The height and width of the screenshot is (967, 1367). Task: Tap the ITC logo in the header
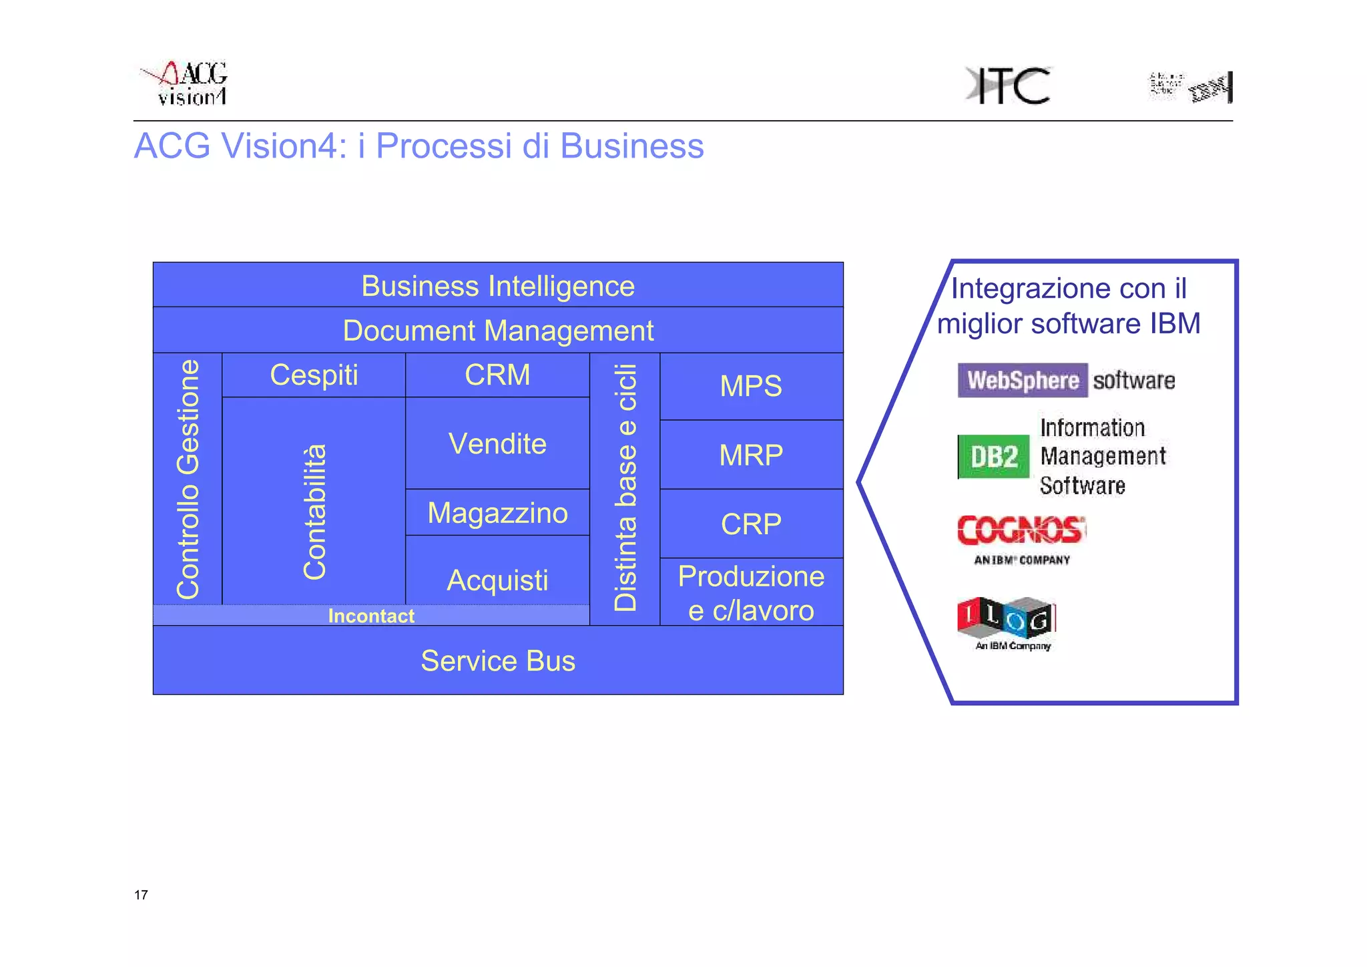click(x=1008, y=85)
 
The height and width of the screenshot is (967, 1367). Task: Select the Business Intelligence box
click(x=498, y=286)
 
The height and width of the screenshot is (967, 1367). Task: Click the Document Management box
click(x=498, y=331)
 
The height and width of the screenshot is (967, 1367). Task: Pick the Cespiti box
click(x=314, y=375)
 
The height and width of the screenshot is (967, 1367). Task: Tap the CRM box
click(x=497, y=375)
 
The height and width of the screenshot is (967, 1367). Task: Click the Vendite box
click(x=497, y=443)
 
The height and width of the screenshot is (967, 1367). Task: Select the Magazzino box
click(x=497, y=513)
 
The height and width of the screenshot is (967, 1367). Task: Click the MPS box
click(x=751, y=386)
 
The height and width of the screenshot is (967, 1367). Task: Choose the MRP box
click(x=751, y=455)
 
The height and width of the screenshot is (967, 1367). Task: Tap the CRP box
click(x=751, y=524)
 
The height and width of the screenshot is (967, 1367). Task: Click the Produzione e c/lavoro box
click(x=751, y=592)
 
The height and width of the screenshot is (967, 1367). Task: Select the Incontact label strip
click(x=371, y=616)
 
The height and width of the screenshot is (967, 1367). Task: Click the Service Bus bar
click(x=498, y=660)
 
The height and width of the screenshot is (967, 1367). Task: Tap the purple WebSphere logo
click(x=1022, y=380)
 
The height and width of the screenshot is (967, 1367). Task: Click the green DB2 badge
click(x=994, y=457)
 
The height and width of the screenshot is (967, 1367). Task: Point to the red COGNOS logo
click(x=1021, y=531)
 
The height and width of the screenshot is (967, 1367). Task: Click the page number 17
click(x=141, y=895)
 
